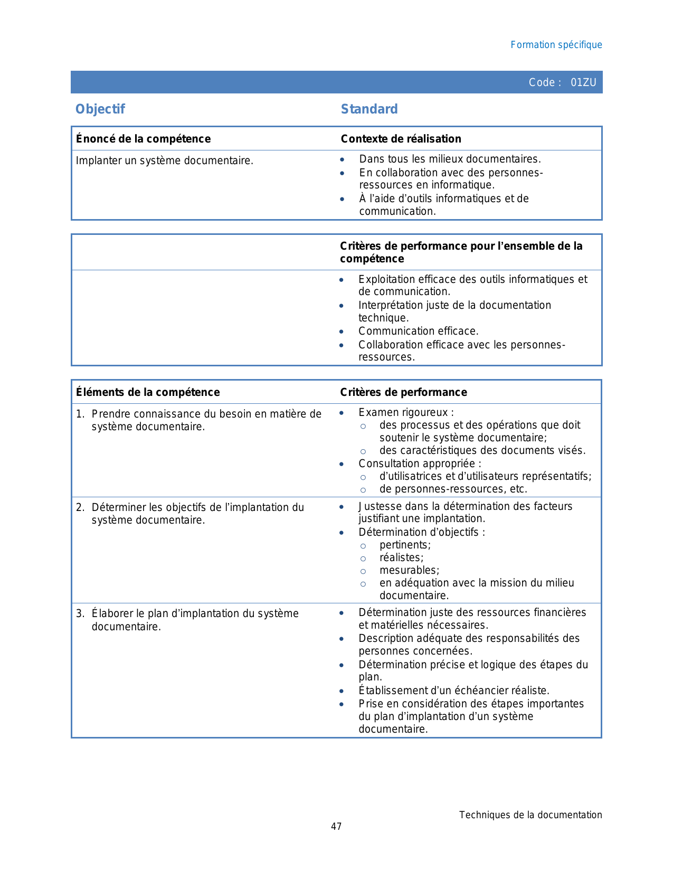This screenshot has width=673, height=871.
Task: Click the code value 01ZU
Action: (x=583, y=82)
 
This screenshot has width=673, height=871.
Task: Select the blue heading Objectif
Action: (x=100, y=109)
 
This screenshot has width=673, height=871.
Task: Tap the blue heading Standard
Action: (x=369, y=109)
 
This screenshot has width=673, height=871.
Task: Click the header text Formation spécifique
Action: (x=556, y=45)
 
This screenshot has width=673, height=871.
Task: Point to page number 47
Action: (x=336, y=827)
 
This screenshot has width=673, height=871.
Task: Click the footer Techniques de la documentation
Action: (x=530, y=815)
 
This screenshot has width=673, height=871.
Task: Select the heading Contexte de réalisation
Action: (x=401, y=139)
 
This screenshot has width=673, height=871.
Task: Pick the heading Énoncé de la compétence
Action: (x=143, y=139)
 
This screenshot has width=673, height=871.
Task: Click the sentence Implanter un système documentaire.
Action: (x=164, y=160)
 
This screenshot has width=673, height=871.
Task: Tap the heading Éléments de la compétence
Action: (x=148, y=392)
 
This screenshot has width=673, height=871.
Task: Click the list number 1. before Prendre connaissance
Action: (x=80, y=414)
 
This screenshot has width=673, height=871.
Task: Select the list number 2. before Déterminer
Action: (x=80, y=507)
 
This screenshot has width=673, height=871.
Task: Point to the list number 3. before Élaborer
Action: (x=80, y=613)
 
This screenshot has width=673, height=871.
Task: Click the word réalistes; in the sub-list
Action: (x=401, y=557)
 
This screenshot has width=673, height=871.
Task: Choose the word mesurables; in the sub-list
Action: (x=409, y=570)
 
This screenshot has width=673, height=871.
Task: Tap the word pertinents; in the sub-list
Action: (x=405, y=545)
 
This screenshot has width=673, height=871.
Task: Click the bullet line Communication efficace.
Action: (x=418, y=331)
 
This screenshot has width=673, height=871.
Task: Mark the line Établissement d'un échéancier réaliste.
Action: (x=453, y=690)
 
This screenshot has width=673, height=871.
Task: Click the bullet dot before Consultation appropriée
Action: (x=342, y=464)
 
